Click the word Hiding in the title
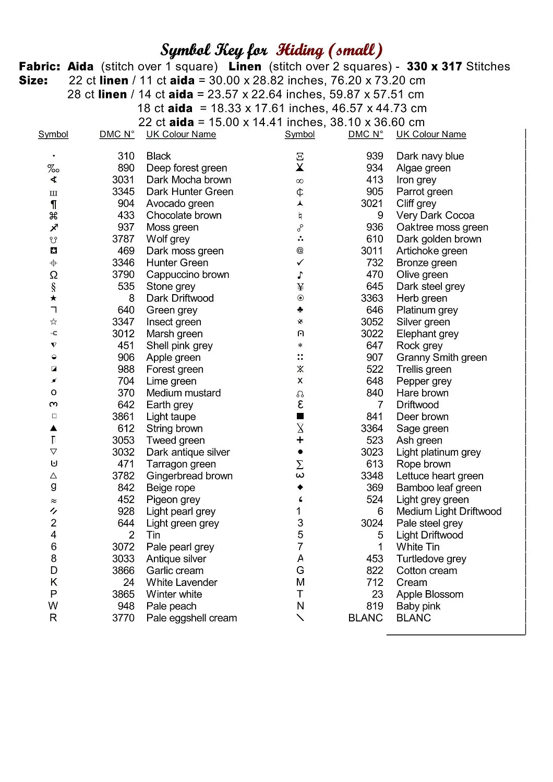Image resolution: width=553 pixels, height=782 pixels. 300,51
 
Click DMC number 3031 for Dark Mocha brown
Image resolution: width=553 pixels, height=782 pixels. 123,180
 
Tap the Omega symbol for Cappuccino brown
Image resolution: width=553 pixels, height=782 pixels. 54,275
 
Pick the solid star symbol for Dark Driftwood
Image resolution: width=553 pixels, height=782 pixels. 54,298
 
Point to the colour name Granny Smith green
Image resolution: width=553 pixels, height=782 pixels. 441,358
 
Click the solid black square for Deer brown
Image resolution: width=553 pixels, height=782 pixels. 300,417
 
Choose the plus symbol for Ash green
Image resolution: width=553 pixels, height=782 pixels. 300,441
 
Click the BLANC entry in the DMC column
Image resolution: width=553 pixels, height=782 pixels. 365,618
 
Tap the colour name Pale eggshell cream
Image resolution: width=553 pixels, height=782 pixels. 191,618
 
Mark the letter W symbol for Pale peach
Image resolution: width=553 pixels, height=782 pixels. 53,606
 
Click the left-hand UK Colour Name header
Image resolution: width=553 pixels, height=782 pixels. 181,135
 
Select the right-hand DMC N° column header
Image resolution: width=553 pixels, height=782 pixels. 365,135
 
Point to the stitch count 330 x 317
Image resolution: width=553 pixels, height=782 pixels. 434,67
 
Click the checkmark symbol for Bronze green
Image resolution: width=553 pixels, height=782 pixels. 300,263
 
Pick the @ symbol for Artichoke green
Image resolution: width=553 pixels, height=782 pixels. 300,251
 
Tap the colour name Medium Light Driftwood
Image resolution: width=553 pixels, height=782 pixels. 449,511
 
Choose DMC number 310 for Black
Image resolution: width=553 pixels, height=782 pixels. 126,156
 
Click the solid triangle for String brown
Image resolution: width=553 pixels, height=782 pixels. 54,429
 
